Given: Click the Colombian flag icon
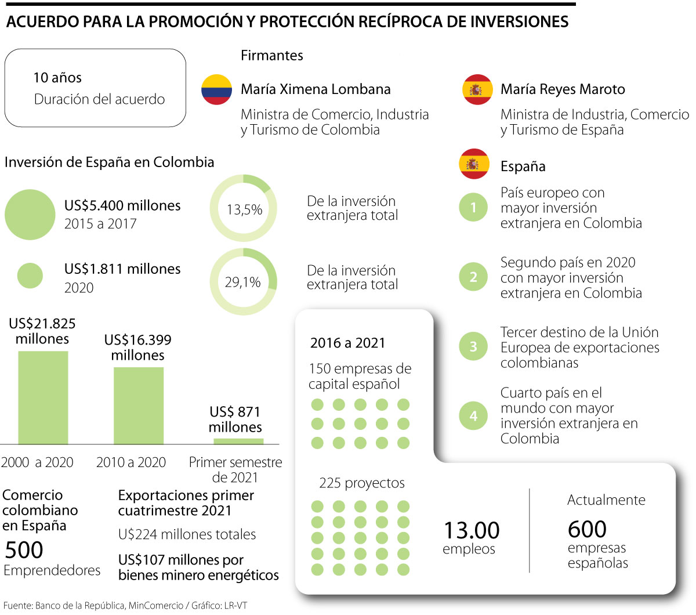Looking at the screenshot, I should (x=216, y=89).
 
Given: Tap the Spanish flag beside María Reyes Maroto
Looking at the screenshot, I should (x=477, y=89).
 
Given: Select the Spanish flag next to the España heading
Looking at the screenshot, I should (x=473, y=165).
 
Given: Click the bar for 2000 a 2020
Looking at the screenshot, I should (x=43, y=397).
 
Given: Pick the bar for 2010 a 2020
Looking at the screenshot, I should (x=138, y=406).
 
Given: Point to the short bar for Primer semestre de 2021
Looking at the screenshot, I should (x=238, y=441).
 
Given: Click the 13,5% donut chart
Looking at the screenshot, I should (x=244, y=208).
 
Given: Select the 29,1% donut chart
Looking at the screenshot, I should (x=244, y=281).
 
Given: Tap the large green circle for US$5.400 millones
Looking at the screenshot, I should (x=30, y=214).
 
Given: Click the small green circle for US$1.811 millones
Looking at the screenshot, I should (x=30, y=276).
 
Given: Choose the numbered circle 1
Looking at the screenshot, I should (x=473, y=207).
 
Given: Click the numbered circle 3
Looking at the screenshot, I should (x=473, y=347).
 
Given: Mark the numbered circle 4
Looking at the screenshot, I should (x=473, y=415).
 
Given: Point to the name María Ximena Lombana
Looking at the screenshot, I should (x=316, y=89).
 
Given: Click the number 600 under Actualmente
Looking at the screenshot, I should (x=587, y=529).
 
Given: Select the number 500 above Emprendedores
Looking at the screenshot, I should (x=24, y=549).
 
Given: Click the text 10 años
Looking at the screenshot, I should (x=57, y=78).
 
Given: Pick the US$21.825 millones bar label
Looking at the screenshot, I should (x=42, y=331).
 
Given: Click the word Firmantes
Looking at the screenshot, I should (x=272, y=55).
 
